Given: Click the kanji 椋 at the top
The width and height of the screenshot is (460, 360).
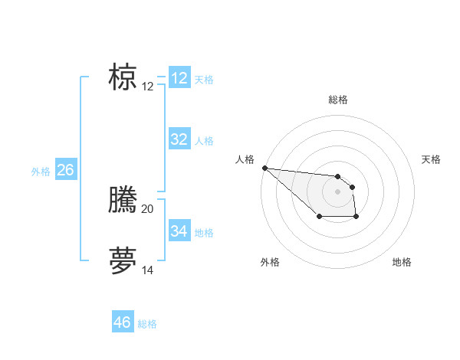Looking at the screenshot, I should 123,77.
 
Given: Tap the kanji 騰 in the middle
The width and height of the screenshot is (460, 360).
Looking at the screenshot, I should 123,200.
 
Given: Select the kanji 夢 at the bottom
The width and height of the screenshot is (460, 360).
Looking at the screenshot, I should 123,260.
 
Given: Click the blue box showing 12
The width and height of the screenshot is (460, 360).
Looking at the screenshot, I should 179,78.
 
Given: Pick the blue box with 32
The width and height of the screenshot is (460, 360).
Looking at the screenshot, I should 179,139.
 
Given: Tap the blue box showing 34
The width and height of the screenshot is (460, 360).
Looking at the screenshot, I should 179,231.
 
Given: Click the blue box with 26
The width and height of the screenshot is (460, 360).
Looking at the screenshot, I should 65,170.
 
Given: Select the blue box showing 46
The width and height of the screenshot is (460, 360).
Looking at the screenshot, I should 123,322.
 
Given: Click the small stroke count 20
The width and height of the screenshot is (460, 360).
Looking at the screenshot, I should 148,208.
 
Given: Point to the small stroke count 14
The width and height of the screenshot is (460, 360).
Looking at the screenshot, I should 148,270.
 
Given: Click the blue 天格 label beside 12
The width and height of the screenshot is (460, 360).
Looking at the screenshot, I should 204,80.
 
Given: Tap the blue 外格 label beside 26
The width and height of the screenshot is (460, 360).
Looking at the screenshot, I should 41,172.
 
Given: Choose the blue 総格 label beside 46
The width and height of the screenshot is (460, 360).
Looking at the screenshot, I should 147,324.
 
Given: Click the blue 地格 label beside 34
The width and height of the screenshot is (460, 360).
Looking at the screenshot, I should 204,232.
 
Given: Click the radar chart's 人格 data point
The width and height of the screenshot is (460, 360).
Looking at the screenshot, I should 264,168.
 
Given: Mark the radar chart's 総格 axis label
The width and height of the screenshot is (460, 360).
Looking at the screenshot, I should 337,100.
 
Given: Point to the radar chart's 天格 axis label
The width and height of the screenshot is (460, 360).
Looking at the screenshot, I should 432,159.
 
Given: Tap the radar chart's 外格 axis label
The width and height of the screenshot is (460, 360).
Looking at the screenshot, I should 270,262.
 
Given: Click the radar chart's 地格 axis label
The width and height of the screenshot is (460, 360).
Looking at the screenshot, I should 402,262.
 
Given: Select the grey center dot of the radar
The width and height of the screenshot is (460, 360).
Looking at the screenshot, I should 337,191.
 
